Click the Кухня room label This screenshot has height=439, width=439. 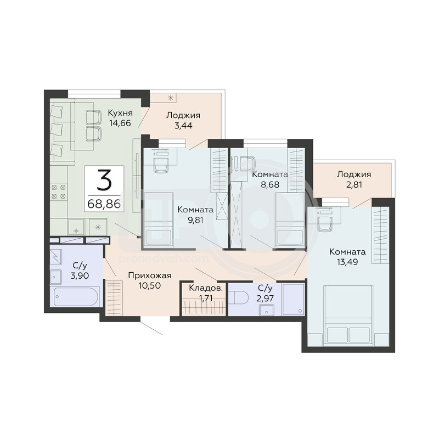tap(120, 114)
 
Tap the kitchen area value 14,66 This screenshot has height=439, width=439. tap(120, 123)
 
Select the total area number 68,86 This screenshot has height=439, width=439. tap(104, 204)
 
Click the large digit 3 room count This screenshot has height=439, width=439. tap(104, 180)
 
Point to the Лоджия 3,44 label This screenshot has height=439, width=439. tap(183, 120)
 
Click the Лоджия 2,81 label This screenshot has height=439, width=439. tap(354, 179)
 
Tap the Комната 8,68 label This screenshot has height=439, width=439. tap(270, 179)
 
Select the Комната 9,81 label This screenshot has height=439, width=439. tap(195, 215)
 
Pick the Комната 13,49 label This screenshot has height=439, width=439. tap(347, 257)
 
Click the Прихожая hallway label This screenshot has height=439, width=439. tap(149, 276)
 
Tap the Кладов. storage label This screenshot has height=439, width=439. tap(206, 288)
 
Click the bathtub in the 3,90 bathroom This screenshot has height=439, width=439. tap(76, 296)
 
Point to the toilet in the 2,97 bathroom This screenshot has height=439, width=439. tap(239, 297)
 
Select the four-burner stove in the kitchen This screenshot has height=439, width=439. tap(59, 192)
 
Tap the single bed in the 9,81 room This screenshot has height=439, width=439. tap(159, 220)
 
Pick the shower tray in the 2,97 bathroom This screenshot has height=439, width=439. tap(294, 299)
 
